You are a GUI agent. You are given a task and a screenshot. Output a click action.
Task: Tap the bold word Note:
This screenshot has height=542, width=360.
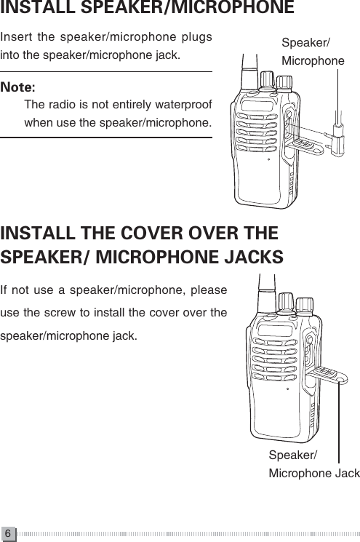20,87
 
